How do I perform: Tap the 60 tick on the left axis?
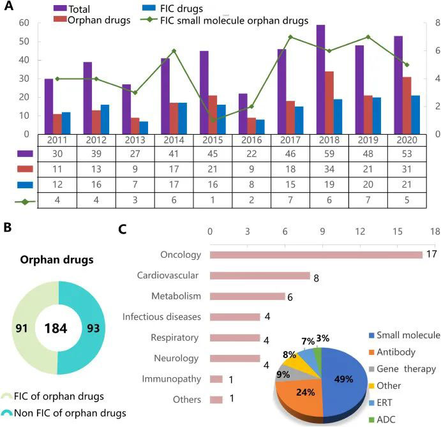click(x=24, y=24)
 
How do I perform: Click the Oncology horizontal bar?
click(x=316, y=255)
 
